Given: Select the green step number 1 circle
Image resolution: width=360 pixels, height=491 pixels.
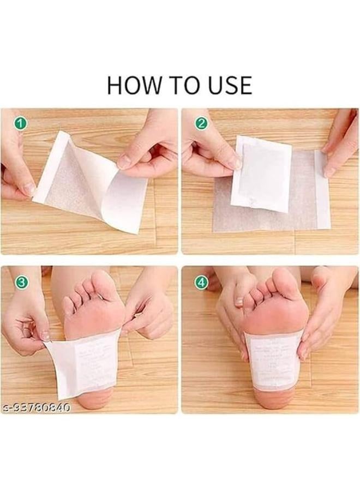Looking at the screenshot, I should (x=21, y=123).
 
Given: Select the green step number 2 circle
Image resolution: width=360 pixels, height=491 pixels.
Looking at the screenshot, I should (x=201, y=123).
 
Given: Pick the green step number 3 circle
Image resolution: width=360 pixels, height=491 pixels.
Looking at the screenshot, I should (x=21, y=282).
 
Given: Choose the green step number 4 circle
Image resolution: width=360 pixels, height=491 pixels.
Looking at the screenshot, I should (x=201, y=282).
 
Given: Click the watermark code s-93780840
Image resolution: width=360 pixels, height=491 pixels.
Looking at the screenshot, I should (x=36, y=408).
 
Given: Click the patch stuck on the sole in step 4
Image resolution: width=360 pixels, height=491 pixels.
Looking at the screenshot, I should (x=273, y=357).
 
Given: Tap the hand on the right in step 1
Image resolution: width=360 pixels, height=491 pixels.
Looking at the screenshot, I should (x=150, y=147).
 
